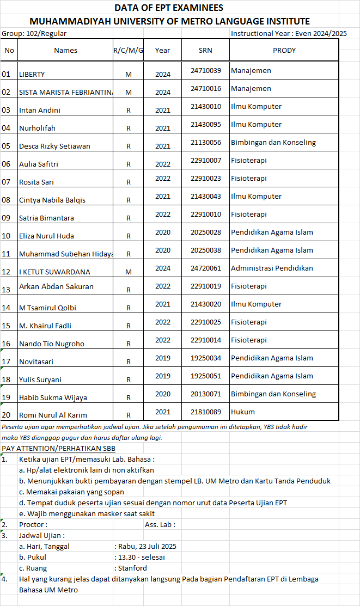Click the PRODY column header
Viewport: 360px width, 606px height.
tap(284, 50)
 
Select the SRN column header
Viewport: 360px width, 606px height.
tap(205, 50)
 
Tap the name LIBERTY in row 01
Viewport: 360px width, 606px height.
tap(32, 74)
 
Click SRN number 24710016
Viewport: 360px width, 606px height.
tap(205, 88)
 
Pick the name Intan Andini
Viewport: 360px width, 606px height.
tap(40, 110)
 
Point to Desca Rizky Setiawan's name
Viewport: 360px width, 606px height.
tap(54, 146)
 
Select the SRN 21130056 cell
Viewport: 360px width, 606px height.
tap(205, 142)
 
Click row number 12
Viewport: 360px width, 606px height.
tap(7, 272)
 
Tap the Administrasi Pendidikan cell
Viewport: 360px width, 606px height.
tap(272, 268)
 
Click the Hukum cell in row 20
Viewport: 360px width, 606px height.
tap(243, 412)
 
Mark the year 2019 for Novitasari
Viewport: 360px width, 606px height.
tap(162, 358)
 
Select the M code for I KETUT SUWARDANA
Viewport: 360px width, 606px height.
tap(129, 272)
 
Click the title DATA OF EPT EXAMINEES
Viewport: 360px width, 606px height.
tap(169, 8)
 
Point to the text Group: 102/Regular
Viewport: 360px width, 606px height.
tap(34, 33)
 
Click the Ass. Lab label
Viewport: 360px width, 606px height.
tap(160, 524)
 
